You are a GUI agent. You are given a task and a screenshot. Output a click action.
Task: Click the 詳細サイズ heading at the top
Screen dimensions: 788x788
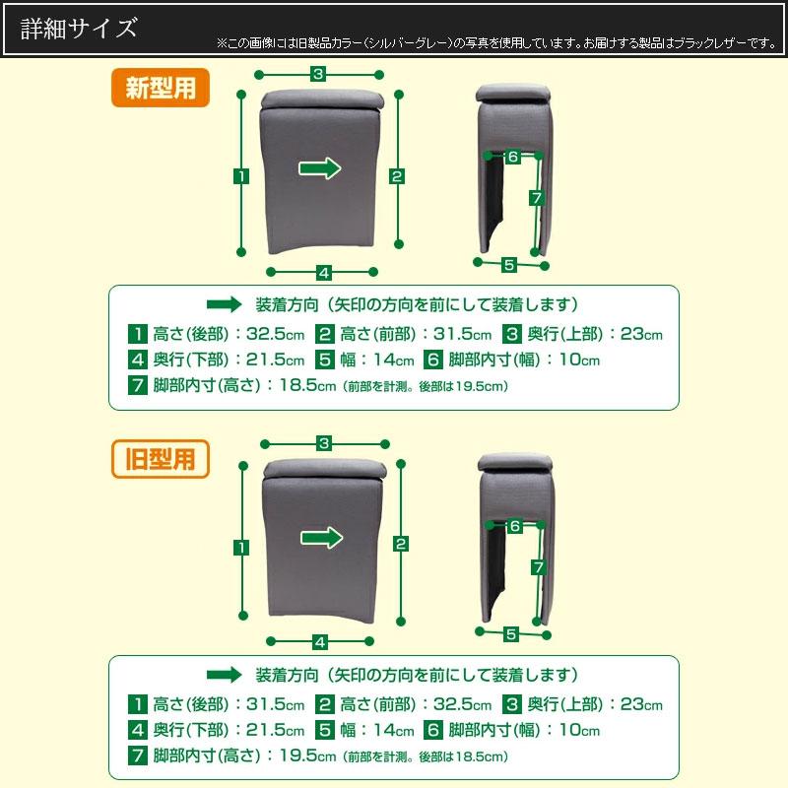(x=80, y=28)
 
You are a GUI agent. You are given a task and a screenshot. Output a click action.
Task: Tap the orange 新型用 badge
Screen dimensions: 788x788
(x=160, y=89)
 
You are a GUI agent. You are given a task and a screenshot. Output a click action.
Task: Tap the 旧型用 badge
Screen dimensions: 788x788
(x=160, y=458)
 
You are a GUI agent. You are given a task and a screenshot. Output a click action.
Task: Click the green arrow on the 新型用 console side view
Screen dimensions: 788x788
(x=320, y=168)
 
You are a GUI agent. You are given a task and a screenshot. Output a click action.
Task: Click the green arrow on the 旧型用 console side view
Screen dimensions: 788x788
(x=320, y=537)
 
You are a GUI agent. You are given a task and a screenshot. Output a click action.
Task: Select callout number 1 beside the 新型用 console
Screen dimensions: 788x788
(x=240, y=176)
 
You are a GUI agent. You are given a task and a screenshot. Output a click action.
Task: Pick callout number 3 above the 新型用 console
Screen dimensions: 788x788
(x=318, y=73)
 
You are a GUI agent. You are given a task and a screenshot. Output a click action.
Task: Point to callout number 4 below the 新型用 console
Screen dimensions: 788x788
(x=322, y=272)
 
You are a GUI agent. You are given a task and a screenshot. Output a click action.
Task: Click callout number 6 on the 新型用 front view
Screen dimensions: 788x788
(x=513, y=157)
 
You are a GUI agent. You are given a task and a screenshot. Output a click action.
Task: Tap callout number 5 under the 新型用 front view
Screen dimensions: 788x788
(x=509, y=264)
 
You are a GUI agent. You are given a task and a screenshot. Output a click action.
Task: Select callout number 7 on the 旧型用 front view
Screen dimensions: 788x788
(x=538, y=567)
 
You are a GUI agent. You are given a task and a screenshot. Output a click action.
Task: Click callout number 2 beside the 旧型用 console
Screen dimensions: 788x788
(x=400, y=544)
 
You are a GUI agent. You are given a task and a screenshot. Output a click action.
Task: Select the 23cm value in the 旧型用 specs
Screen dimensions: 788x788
(x=638, y=704)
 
